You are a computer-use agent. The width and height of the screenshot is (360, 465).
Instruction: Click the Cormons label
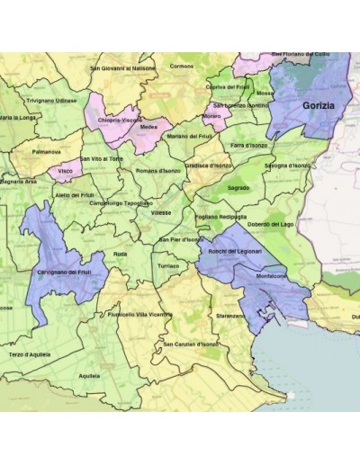point(182,66)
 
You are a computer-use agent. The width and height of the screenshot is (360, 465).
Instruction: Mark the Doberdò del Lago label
point(271,223)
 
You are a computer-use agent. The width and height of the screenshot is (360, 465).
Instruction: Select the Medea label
point(148,127)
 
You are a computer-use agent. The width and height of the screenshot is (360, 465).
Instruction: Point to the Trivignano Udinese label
point(52,101)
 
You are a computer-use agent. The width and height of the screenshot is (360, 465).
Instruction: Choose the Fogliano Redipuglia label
point(220,217)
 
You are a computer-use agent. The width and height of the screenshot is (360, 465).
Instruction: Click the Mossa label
point(265,93)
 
